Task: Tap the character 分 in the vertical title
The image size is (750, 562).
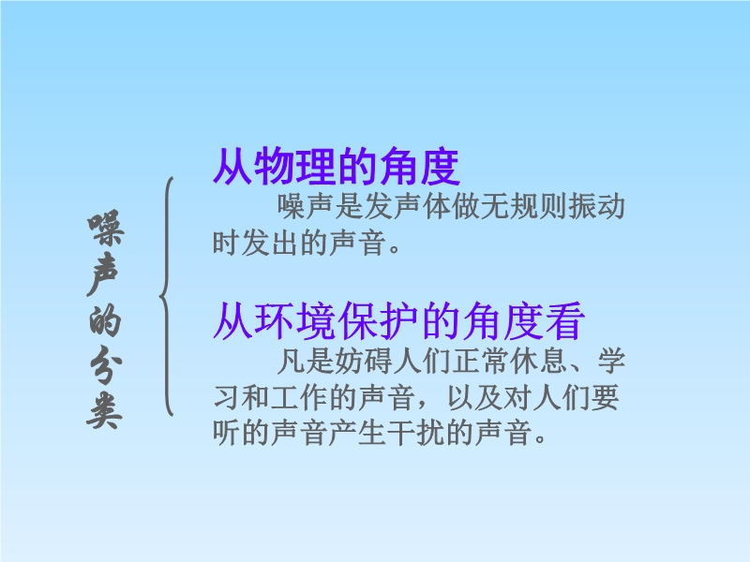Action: pyautogui.click(x=106, y=369)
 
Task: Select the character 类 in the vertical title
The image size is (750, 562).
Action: pyautogui.click(x=105, y=411)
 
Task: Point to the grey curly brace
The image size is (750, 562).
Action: pyautogui.click(x=166, y=296)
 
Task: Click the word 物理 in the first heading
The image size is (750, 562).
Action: pyautogui.click(x=295, y=167)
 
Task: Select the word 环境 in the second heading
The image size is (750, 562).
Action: pyautogui.click(x=295, y=320)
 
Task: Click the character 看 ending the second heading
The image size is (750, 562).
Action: pyautogui.click(x=565, y=320)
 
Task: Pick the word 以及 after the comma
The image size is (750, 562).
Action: pyautogui.click(x=474, y=397)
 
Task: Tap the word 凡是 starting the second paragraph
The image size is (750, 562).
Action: pyautogui.click(x=307, y=361)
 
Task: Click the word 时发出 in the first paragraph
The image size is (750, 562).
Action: pyautogui.click(x=256, y=243)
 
